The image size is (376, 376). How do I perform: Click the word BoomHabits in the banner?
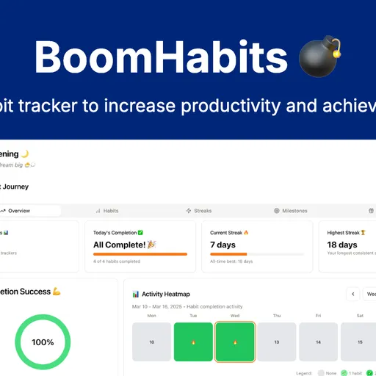point(151,57)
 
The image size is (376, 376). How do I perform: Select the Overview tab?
point(19,211)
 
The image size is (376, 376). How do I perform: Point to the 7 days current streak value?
point(223,245)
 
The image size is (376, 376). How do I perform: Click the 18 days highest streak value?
point(342,245)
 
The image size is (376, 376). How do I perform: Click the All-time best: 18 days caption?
point(231,261)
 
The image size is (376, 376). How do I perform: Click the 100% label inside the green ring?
point(43,342)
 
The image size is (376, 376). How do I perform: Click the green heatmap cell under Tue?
point(193,342)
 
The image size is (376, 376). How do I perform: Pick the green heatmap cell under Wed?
point(235,342)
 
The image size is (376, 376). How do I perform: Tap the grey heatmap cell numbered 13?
point(277,342)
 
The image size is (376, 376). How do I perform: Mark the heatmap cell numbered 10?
point(152,342)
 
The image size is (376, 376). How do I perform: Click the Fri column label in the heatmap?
point(319,316)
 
